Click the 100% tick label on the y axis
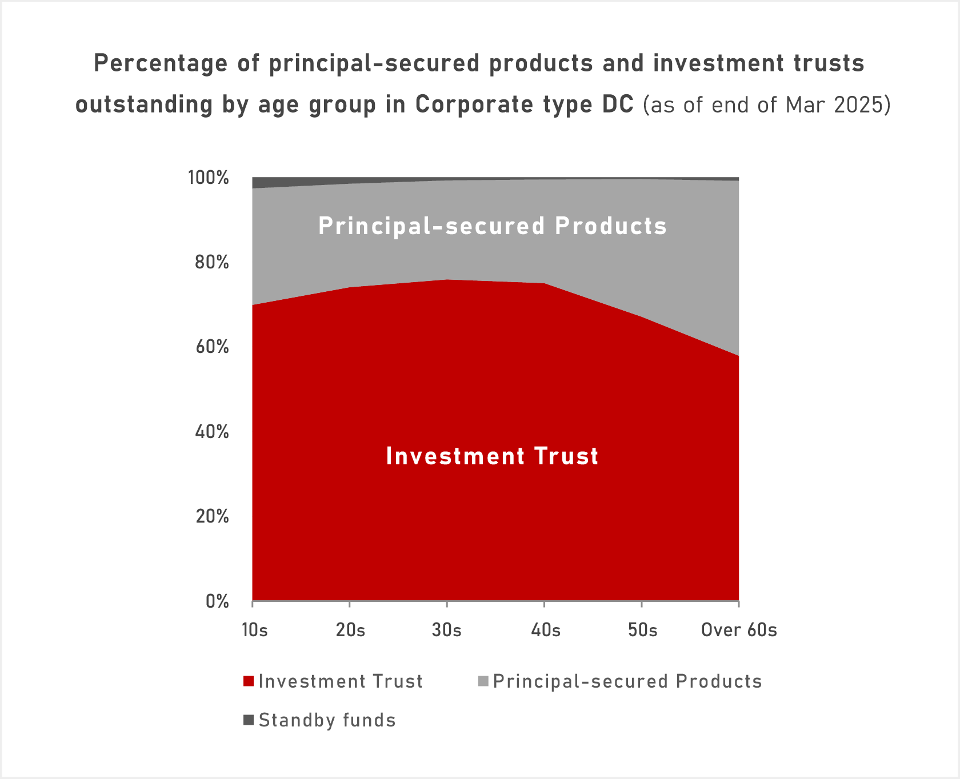[209, 178]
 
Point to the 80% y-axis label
[212, 263]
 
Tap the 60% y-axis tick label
[212, 347]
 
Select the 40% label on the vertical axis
[212, 432]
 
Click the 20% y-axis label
[212, 516]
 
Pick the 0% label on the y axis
[217, 601]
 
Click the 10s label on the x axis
[254, 630]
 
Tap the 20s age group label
[350, 630]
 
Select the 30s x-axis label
[447, 630]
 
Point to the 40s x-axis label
[546, 630]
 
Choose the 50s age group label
[642, 630]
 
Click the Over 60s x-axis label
[739, 630]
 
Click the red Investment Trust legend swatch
[249, 681]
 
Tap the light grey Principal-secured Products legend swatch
[483, 681]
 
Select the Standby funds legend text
[327, 720]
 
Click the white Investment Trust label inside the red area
[492, 456]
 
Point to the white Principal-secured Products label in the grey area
[492, 226]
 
